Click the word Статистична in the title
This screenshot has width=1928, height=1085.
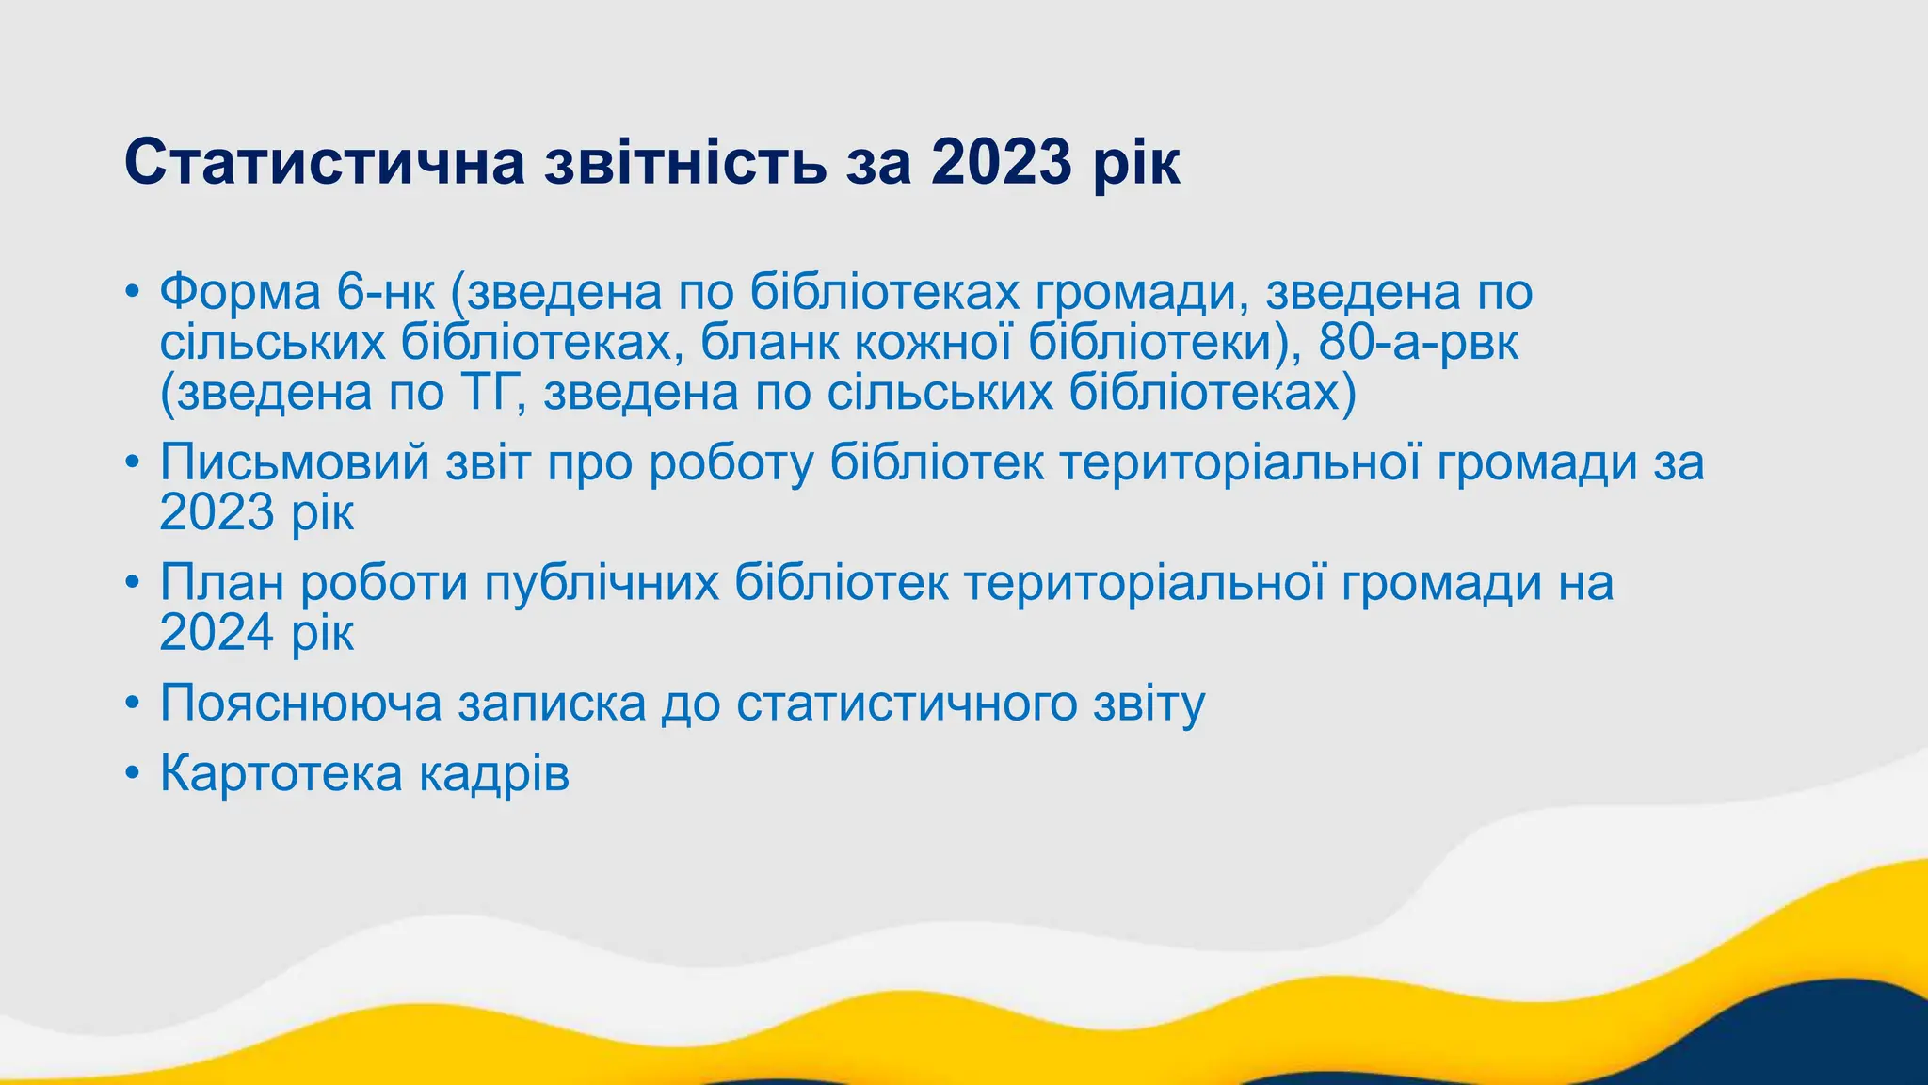tap(324, 162)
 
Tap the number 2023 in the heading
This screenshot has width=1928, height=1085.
tap(1002, 162)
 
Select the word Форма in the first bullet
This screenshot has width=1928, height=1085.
tap(240, 293)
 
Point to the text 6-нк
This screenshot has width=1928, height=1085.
tap(386, 293)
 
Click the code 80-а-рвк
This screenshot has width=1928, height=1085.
tap(1418, 342)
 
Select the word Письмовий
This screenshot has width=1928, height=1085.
tap(294, 462)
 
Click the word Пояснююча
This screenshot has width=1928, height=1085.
tap(300, 704)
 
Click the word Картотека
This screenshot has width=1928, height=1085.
tap(281, 774)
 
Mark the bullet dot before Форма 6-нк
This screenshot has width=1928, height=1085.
tap(133, 294)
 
